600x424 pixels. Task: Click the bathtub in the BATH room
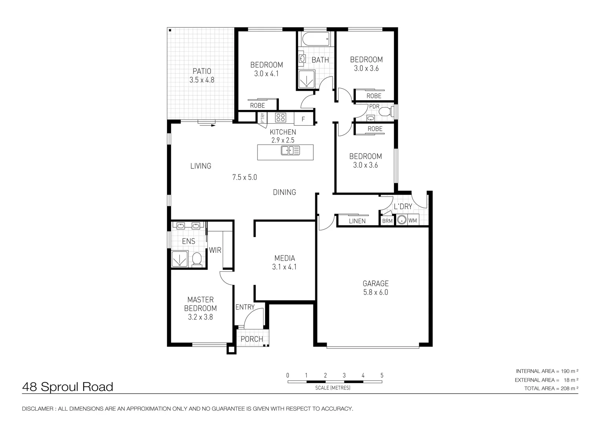(x=316, y=39)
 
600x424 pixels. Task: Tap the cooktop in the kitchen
(x=280, y=117)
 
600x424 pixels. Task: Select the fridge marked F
(x=304, y=119)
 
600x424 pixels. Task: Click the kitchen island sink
(x=290, y=150)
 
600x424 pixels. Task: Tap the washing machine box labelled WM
(x=413, y=220)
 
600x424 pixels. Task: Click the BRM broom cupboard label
(x=387, y=221)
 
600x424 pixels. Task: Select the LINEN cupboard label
(x=357, y=221)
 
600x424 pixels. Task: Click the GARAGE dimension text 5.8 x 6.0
(x=375, y=292)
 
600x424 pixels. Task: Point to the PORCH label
(x=252, y=339)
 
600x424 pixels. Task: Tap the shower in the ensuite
(x=179, y=259)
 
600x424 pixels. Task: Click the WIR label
(x=215, y=250)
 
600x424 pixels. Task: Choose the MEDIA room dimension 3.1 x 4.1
(x=284, y=267)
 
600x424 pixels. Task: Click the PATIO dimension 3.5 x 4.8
(x=202, y=80)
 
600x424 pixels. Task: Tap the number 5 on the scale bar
(x=382, y=375)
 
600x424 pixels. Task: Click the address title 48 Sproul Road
(x=68, y=387)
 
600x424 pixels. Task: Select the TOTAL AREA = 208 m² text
(x=551, y=388)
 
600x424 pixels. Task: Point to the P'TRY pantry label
(x=262, y=118)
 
